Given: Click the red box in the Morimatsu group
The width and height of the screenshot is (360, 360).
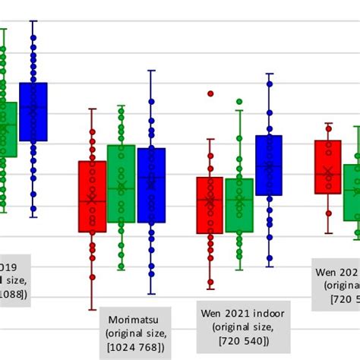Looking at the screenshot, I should coord(93,196).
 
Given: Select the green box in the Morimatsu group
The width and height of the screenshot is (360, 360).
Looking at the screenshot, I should coord(121,183).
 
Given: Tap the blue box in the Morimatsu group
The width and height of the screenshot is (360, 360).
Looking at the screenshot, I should coord(151,185).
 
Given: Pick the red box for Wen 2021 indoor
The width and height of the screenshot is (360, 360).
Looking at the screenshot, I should coord(210,205).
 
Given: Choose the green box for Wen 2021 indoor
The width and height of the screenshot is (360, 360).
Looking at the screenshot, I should coord(239,205).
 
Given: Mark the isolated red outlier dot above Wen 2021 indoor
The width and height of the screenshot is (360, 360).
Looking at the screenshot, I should coord(210,94).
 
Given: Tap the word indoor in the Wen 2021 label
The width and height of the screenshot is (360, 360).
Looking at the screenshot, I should coord(260,312).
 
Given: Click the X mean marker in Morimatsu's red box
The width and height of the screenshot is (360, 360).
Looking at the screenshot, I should coord(93,198).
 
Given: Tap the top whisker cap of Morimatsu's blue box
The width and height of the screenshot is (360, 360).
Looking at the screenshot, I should coord(151,71).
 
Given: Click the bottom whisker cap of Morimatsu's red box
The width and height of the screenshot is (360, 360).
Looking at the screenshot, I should coord(93,309).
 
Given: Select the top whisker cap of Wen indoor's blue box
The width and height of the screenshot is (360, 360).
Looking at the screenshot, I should coord(269,74).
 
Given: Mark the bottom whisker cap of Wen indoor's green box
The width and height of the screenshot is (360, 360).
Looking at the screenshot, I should coord(239,270).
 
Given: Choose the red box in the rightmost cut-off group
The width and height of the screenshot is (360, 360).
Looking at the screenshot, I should coord(328,166).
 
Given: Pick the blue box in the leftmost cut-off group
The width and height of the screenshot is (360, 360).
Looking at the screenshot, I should coord(33,112).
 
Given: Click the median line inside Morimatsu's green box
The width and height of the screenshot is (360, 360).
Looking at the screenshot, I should coord(121,188).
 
